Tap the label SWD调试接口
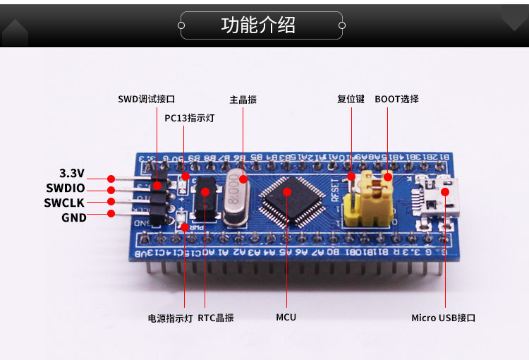point(146,100)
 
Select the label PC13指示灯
point(189,118)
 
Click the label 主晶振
point(243,100)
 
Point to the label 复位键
point(351,100)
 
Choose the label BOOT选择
point(396,100)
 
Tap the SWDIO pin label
point(66,188)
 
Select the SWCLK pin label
point(66,203)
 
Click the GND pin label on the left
point(74,217)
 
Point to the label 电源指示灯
point(170,318)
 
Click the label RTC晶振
point(216,318)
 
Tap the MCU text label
point(286,318)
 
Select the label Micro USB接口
point(444,318)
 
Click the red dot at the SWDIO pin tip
point(111,189)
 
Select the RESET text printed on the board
point(335,188)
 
